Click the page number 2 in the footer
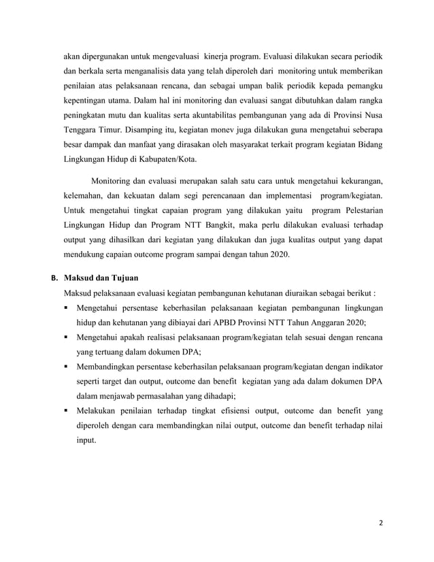(x=380, y=523)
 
